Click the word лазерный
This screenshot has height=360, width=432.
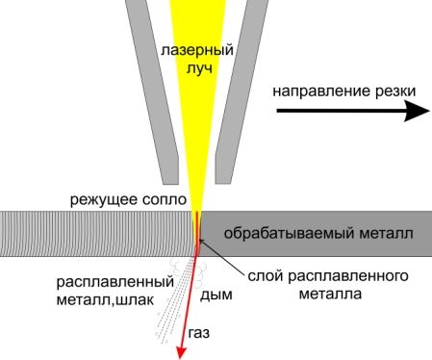click(x=197, y=50)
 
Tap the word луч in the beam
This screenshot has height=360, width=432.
click(x=199, y=68)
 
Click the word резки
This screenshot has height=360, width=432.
click(x=393, y=91)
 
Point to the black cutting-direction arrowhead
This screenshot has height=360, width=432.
click(x=417, y=111)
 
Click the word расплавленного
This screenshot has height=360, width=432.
click(x=348, y=276)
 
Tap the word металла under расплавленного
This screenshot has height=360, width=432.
click(x=330, y=294)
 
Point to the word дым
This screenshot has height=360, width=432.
click(x=216, y=295)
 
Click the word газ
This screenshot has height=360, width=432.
click(x=199, y=333)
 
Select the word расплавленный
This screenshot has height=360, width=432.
click(x=115, y=283)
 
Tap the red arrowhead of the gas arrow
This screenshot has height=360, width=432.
click(x=182, y=353)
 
